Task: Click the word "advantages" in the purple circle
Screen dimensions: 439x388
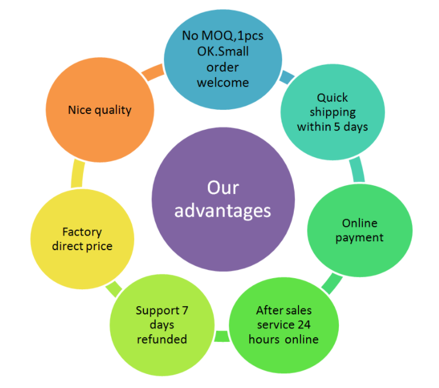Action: pos(222,211)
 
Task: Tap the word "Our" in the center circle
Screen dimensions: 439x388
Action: pos(223,188)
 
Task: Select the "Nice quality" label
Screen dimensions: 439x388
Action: pos(100,110)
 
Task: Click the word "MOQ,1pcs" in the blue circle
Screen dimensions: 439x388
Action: pos(232,36)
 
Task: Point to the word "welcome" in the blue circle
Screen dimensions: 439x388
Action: pos(223,83)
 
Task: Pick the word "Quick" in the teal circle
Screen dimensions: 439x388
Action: pos(332,98)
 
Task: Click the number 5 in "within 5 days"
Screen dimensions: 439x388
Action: pos(337,127)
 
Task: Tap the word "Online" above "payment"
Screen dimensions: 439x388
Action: pos(360,223)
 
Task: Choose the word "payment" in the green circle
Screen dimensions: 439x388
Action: pos(359,238)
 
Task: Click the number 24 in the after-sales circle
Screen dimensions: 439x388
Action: pos(304,325)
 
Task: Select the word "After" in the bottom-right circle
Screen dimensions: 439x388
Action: pos(267,310)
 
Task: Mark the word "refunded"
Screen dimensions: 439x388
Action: pos(162,340)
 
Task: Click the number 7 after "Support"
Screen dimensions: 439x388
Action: pos(185,310)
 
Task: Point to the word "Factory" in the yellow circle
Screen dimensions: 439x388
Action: pos(82,233)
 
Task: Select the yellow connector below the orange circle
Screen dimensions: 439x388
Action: pos(77,174)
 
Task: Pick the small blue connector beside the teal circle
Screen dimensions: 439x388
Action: pos(287,78)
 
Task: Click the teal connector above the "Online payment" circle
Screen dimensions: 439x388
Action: pos(357,169)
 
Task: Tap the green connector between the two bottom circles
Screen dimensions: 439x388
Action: pos(222,336)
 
